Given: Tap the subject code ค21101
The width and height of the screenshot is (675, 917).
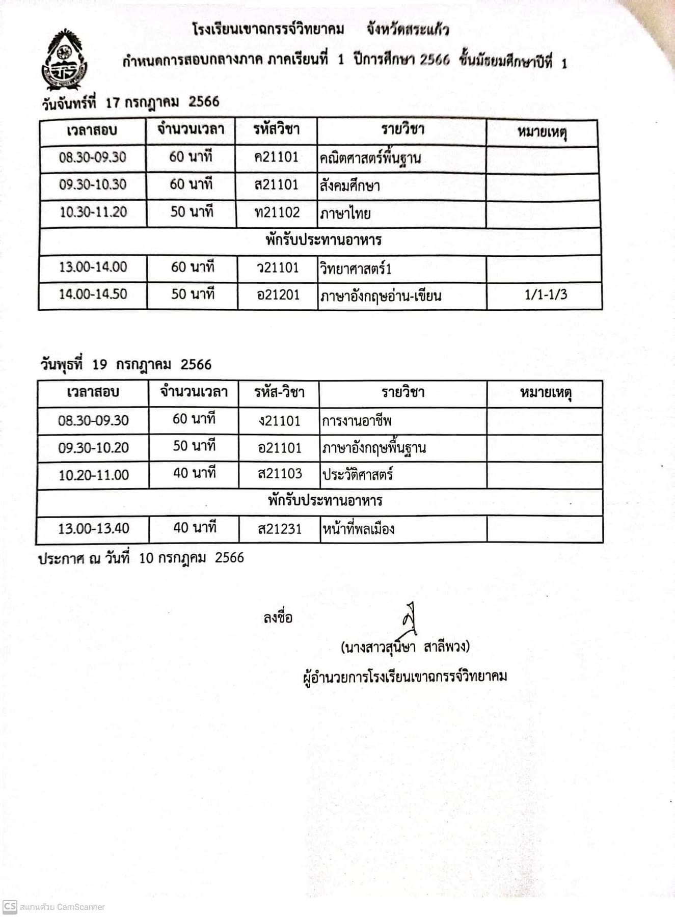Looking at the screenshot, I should [x=276, y=157].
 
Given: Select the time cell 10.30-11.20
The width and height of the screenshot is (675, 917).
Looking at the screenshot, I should [x=93, y=212].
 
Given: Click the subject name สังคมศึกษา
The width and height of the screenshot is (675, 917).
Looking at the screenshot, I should [x=350, y=186].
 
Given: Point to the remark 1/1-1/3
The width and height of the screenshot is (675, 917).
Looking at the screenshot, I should [x=546, y=294].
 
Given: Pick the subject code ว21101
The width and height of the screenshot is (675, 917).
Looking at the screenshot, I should [x=278, y=267].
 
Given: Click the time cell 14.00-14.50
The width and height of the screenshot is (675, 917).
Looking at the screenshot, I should [x=93, y=294].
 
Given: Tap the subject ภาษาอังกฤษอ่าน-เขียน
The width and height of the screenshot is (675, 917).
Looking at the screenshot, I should [x=380, y=296].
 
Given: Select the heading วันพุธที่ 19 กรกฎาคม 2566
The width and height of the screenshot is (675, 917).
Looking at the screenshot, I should [x=126, y=365].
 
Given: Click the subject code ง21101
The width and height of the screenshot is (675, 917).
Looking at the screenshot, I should [x=279, y=421].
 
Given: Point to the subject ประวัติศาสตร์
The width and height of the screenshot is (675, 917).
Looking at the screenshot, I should [x=358, y=475].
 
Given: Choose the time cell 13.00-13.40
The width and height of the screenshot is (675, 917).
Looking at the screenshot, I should [x=93, y=528].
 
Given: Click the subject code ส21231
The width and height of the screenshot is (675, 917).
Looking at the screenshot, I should [x=280, y=529].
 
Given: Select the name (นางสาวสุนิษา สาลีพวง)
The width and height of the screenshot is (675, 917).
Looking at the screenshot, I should [x=405, y=648].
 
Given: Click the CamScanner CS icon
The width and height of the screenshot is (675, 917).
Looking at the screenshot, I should [x=10, y=907].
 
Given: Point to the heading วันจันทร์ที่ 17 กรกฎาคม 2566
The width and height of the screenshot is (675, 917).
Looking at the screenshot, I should [x=130, y=102].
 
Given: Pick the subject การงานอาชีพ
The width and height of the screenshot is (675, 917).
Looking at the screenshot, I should [x=357, y=421].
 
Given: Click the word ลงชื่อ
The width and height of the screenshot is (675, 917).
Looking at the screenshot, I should [x=278, y=618].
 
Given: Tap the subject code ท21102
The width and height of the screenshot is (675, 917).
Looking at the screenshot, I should [x=277, y=212].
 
